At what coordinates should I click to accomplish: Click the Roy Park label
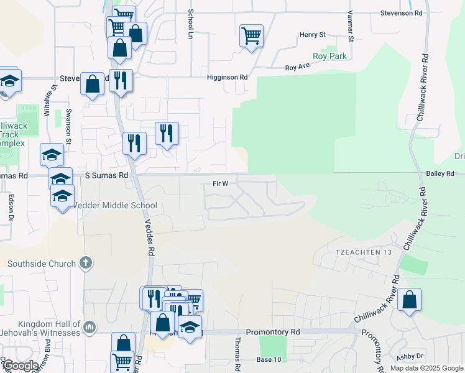[329, 56]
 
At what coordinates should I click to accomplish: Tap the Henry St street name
[313, 35]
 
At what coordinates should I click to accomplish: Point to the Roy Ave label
[297, 67]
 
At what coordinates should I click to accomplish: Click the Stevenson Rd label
[402, 12]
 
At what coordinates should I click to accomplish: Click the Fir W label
[221, 183]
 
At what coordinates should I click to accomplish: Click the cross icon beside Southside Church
[86, 264]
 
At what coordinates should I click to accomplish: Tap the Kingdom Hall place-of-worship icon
[90, 326]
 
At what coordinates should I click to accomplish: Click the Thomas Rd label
[237, 354]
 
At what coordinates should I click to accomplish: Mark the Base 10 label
[269, 360]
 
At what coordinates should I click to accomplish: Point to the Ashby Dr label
[410, 356]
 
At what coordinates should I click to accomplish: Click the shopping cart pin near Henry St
[251, 35]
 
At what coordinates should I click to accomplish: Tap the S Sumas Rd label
[106, 176]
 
